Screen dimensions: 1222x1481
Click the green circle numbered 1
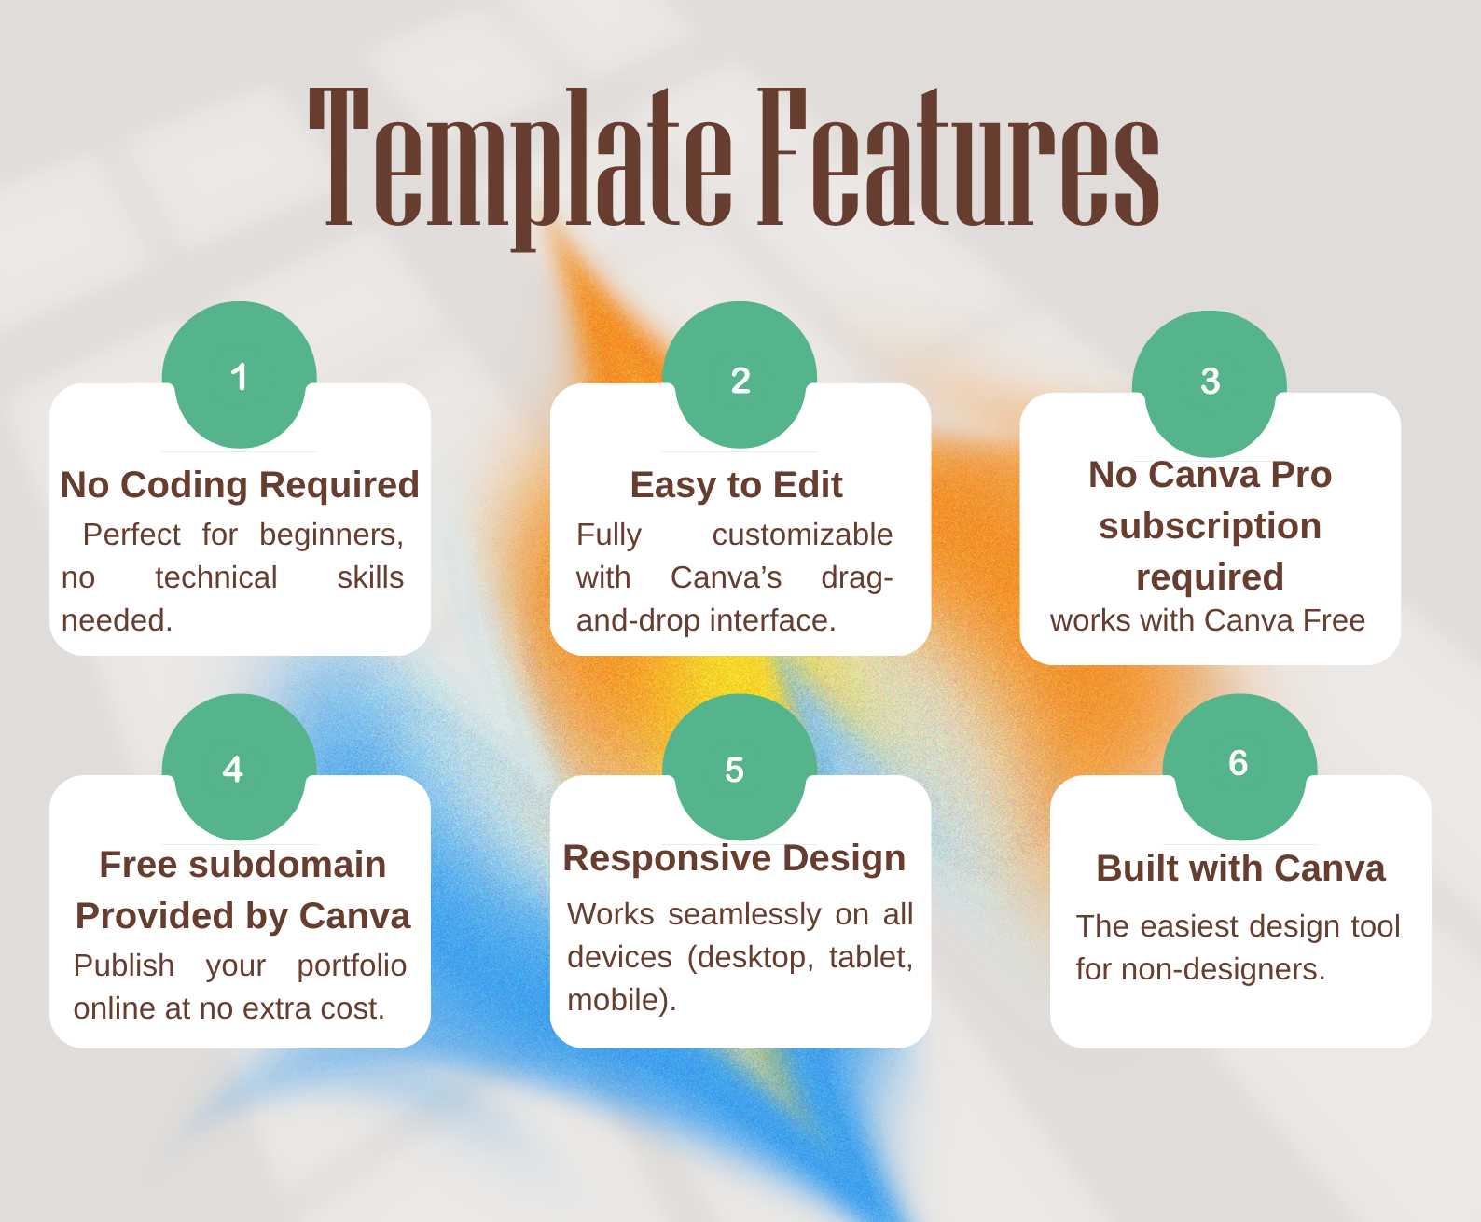point(240,376)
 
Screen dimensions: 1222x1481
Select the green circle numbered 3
point(1210,383)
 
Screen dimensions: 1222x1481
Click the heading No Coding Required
point(240,485)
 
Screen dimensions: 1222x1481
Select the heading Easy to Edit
point(736,485)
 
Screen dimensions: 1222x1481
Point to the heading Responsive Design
point(734,858)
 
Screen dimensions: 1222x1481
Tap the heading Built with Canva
point(1240,868)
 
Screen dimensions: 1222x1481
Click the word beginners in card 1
point(331,535)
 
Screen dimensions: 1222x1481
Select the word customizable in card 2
point(802,535)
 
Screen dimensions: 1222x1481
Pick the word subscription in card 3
point(1210,526)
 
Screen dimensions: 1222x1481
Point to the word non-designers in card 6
point(1222,969)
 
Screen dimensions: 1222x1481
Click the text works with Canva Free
point(1207,620)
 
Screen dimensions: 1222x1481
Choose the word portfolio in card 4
point(352,965)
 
